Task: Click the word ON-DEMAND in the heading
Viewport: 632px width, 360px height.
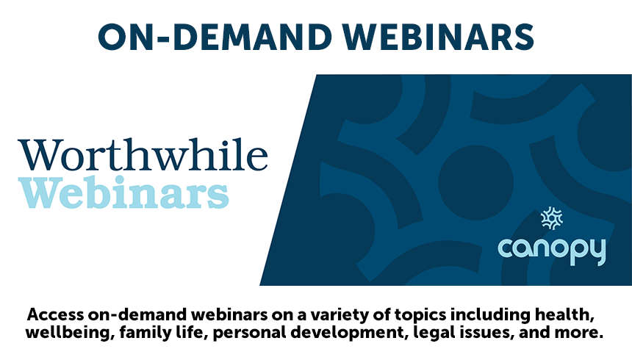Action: [215, 37]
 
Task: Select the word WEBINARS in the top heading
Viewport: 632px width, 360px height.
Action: [439, 37]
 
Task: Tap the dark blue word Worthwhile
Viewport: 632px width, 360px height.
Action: [143, 154]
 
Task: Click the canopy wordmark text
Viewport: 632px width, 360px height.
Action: [552, 250]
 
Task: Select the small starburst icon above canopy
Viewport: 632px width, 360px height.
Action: [551, 218]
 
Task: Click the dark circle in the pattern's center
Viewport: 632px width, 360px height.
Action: [475, 183]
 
